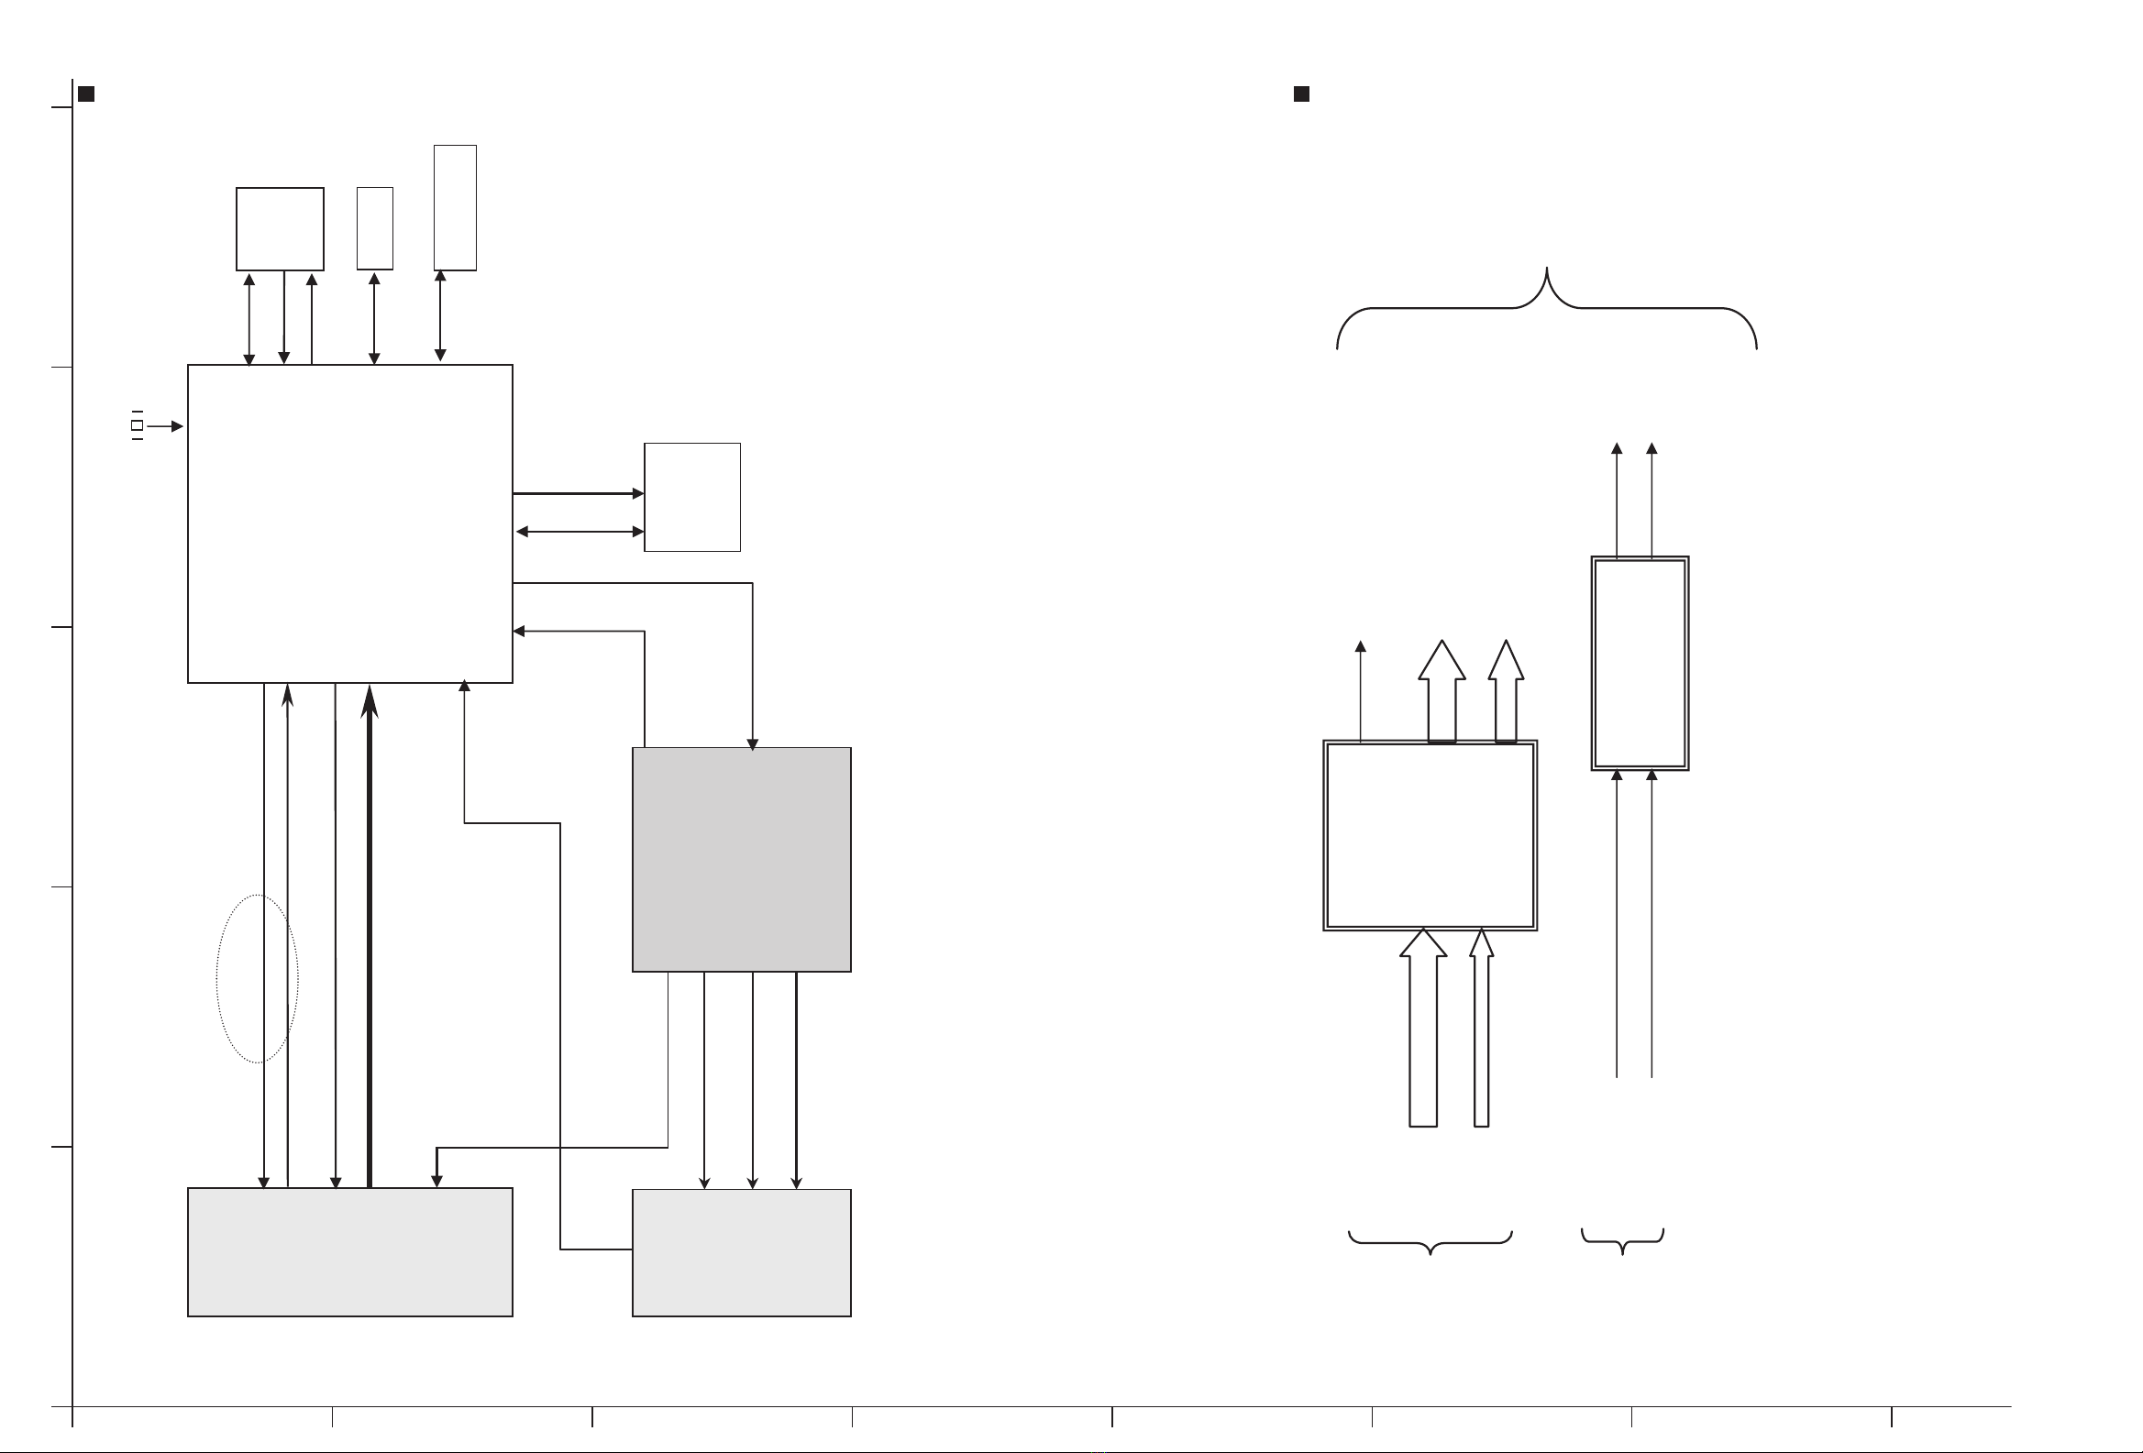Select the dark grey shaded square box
(741, 859)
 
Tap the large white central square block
(349, 523)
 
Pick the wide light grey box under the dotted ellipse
(349, 1251)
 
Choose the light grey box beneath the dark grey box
(741, 1252)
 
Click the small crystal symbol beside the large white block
(137, 425)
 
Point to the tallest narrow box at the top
(455, 207)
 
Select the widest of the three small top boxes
(280, 228)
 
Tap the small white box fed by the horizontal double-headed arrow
(691, 497)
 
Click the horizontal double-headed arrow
(580, 532)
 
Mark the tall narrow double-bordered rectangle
(1640, 663)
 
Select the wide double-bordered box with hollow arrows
(1430, 835)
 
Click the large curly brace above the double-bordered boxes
(1546, 307)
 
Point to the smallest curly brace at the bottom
(1622, 1241)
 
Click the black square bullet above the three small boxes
(86, 94)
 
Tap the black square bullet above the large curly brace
(1301, 94)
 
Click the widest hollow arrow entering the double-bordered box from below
(1423, 1032)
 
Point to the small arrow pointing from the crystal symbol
(165, 426)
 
